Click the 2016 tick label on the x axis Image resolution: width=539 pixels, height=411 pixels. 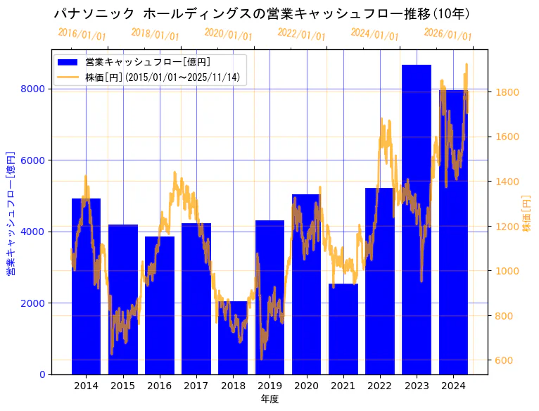[x=160, y=386]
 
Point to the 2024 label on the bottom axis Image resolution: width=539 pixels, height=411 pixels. [x=453, y=386]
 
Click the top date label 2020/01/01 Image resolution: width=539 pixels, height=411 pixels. [x=228, y=34]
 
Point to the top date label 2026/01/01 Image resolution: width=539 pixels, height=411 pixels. [x=448, y=34]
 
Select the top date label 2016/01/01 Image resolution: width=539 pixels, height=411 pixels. [x=82, y=34]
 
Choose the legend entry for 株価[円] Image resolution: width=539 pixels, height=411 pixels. [x=165, y=77]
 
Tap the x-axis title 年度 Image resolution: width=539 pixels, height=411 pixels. [x=269, y=399]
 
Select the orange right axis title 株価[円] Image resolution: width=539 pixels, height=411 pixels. [x=527, y=215]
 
